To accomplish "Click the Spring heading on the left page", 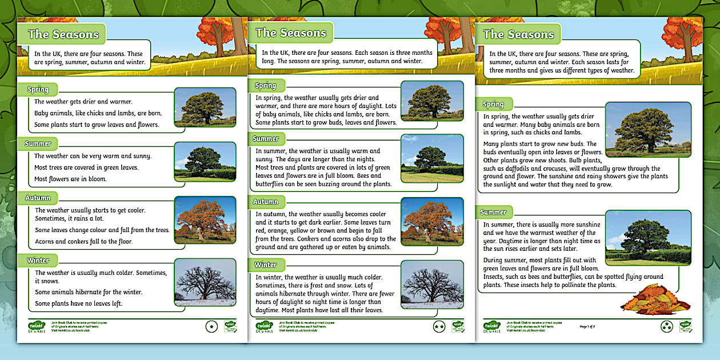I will coord(38,89).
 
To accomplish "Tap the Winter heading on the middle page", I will coord(266,265).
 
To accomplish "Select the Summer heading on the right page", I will coord(494,212).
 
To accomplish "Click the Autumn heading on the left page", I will coord(38,198).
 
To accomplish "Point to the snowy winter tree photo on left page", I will coord(205,282).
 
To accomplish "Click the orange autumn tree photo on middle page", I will coord(432,221).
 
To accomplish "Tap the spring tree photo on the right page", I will coord(647,129).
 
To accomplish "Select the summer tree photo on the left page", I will coord(205,162).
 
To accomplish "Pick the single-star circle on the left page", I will coord(212,326).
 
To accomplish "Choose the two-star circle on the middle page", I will coord(439,326).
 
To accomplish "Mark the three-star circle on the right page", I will coord(666,326).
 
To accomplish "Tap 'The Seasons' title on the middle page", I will coord(291,33).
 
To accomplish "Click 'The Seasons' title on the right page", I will coord(518,34).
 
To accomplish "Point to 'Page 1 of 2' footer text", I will coord(587,326).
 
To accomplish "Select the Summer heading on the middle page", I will coord(266,138).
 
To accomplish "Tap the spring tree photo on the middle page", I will coord(432,101).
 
